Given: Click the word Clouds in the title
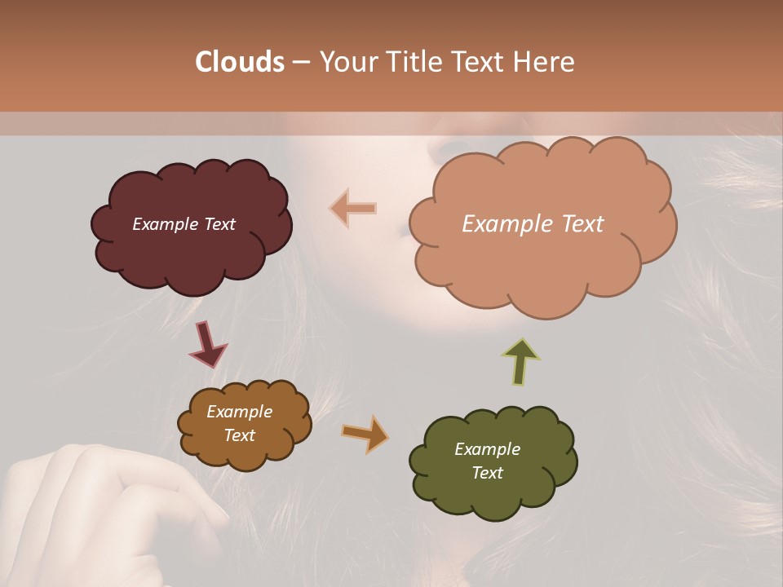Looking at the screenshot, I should (x=240, y=62).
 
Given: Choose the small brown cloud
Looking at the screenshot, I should (x=245, y=452).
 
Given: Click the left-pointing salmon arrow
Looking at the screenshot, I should (x=353, y=209).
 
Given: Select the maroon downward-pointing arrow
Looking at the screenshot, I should (x=207, y=344).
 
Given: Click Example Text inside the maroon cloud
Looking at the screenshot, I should (x=184, y=224).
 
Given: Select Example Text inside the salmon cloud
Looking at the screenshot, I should (x=533, y=224).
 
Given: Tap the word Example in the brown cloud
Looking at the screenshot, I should (x=239, y=412).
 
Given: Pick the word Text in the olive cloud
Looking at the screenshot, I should (x=487, y=473).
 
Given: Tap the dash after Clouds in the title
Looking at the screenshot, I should (x=300, y=62).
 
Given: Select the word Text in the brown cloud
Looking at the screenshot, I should (x=239, y=435).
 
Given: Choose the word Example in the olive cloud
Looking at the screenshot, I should (x=487, y=449).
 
